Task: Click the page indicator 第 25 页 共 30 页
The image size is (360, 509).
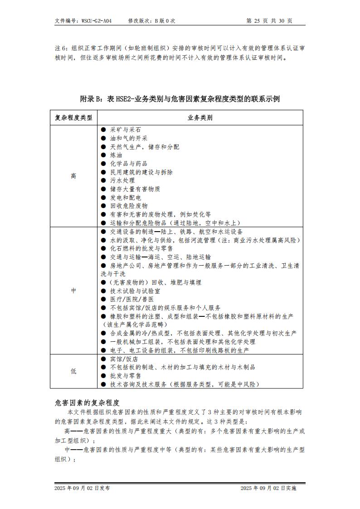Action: click(269, 21)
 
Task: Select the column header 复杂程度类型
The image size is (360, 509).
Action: click(73, 118)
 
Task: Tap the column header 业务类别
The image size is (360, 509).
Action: click(200, 118)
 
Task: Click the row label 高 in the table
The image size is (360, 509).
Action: click(73, 176)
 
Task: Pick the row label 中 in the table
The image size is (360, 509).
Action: click(73, 291)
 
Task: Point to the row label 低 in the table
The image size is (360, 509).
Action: click(73, 371)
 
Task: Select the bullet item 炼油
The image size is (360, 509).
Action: click(116, 155)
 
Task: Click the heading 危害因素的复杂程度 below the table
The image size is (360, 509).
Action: click(87, 402)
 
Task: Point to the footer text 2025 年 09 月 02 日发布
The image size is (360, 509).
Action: click(82, 488)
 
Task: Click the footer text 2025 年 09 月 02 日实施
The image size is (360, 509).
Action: click(268, 488)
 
